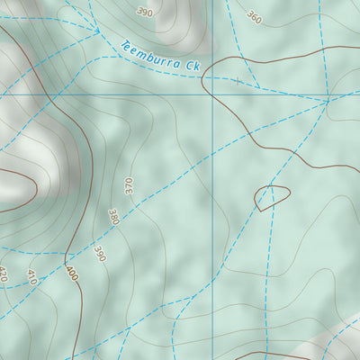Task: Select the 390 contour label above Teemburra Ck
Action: coord(145,12)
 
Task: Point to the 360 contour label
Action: coord(255,17)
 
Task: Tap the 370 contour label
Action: coord(129,186)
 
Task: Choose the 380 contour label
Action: coord(113,218)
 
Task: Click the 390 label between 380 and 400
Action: coord(99,254)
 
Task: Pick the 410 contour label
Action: coord(33,276)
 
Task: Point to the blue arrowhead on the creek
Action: coord(94,31)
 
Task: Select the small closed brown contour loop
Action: coord(271,196)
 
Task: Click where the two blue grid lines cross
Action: coord(213,94)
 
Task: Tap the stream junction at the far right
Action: coord(328,101)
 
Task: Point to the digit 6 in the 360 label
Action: coord(255,17)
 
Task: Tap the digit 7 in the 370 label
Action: coord(129,186)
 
